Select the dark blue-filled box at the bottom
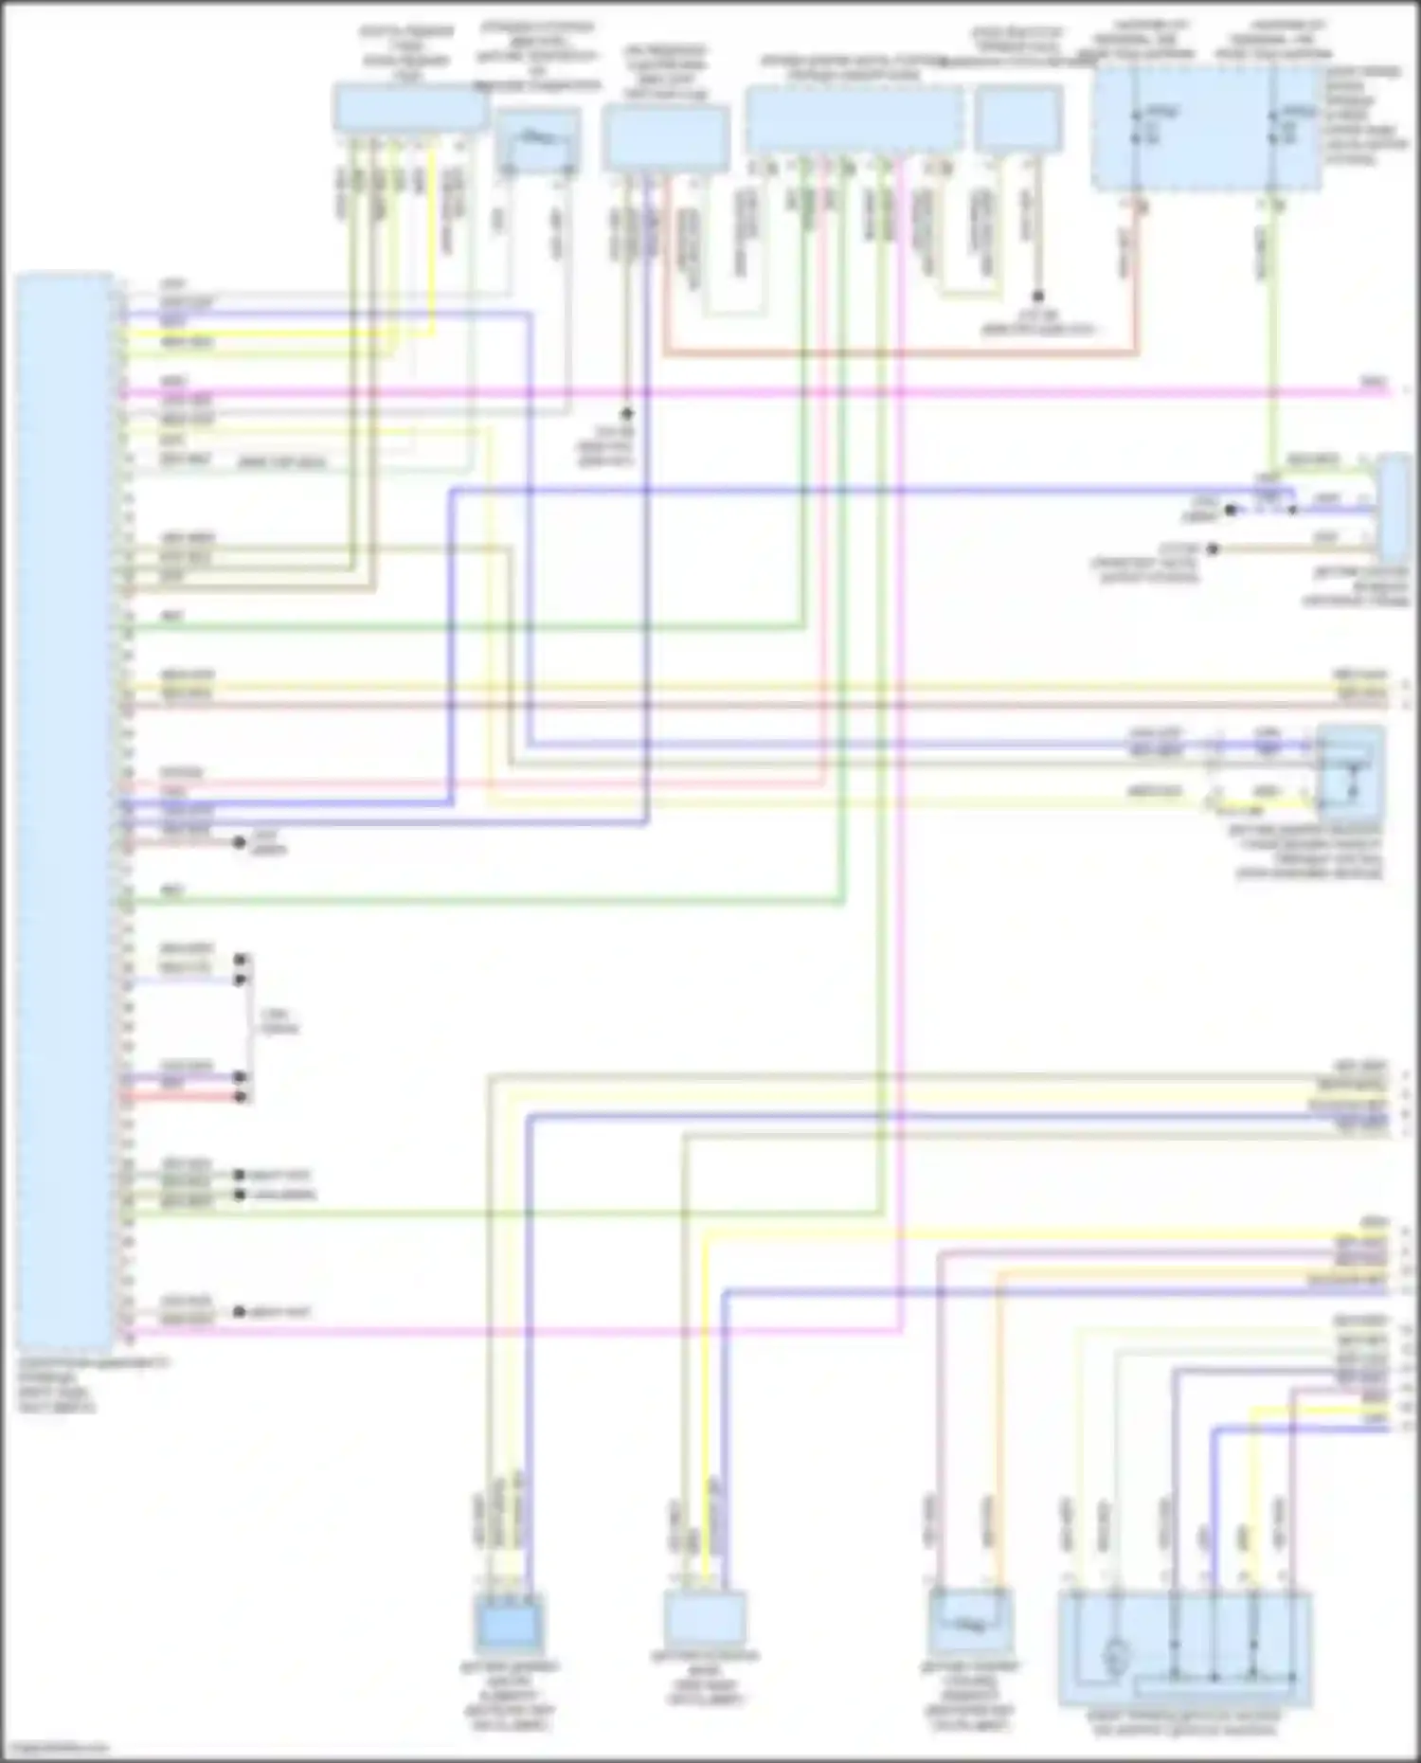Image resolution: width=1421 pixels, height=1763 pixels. coord(510,1628)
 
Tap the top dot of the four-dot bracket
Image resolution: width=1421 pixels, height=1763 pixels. coord(241,959)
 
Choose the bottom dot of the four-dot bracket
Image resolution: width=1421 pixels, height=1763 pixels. coord(241,1097)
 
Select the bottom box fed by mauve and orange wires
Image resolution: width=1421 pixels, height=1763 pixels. coord(970,1621)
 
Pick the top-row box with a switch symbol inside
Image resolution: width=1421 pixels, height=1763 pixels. coord(538,140)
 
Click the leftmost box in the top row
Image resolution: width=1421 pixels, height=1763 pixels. coord(409,107)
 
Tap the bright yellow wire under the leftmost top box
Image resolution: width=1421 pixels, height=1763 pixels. coord(434,237)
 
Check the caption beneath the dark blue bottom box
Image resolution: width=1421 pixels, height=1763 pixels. coord(510,1698)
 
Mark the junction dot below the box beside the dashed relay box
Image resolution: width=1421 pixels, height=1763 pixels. coord(1037,297)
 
